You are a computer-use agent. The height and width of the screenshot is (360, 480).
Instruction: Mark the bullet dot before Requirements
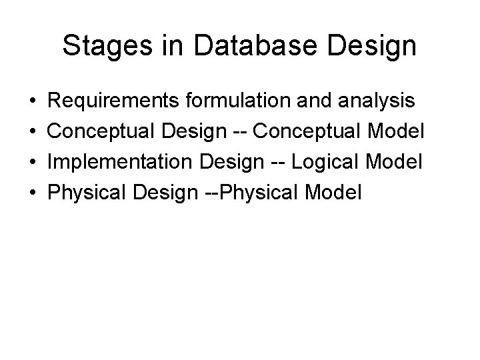33,102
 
